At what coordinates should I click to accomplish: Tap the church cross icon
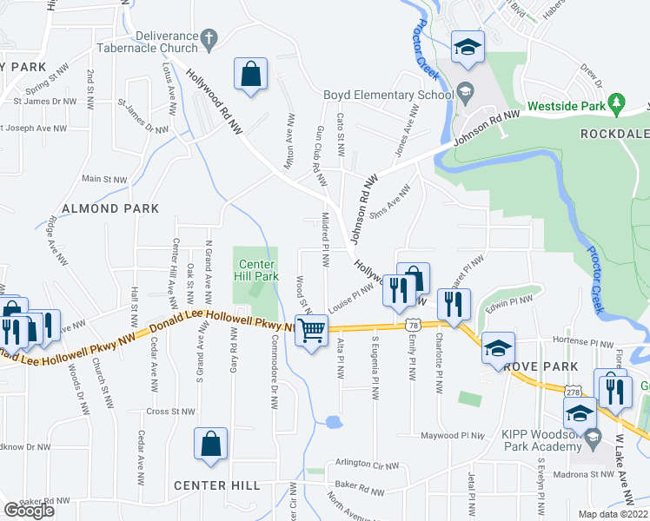tap(208, 38)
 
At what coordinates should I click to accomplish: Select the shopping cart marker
tap(311, 329)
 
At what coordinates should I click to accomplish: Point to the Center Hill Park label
tap(257, 270)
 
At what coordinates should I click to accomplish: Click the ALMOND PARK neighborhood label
tap(109, 208)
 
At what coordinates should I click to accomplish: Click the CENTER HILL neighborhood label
tap(216, 485)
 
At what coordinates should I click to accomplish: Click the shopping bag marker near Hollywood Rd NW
tap(250, 75)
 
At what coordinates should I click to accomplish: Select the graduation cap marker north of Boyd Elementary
tap(468, 47)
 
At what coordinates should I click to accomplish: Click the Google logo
tap(29, 511)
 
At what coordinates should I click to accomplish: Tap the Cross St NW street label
tap(171, 412)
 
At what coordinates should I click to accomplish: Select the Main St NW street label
tap(104, 179)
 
